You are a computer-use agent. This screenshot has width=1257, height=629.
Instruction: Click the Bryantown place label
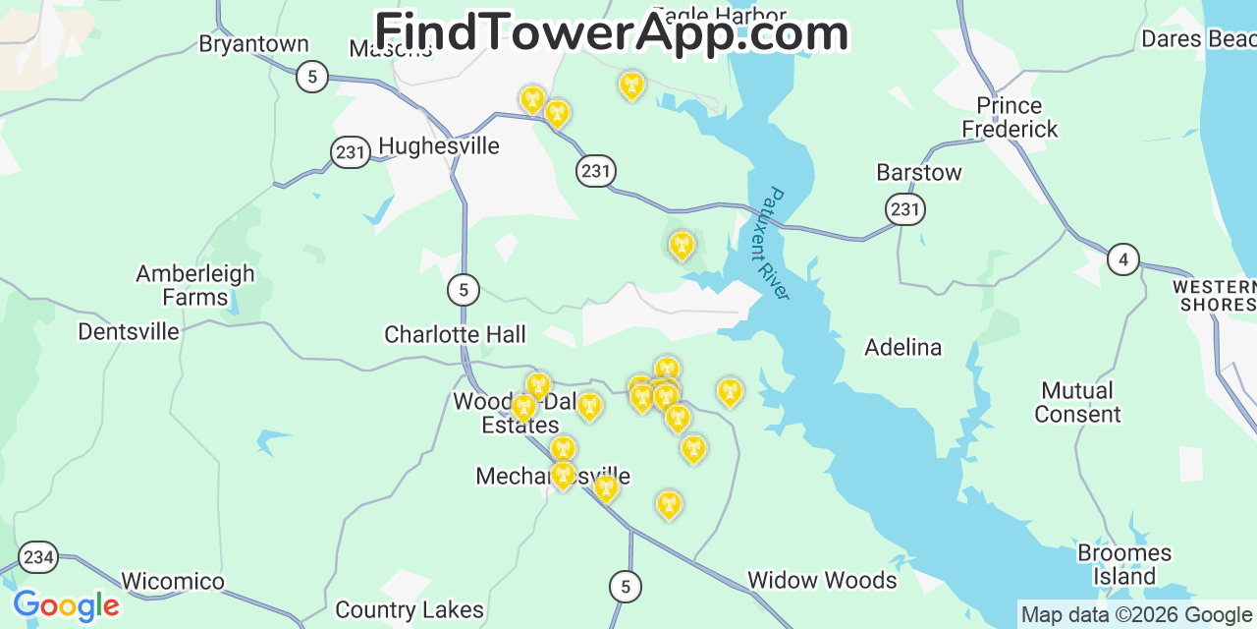coord(253,44)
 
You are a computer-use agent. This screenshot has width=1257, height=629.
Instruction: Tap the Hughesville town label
coord(438,146)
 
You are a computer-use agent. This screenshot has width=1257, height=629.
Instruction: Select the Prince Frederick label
coord(1010,117)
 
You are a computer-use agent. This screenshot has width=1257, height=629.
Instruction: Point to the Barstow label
coord(918,173)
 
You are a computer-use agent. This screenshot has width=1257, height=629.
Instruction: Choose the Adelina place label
coord(902,347)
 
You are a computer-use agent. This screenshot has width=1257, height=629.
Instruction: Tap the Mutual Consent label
coord(1077,402)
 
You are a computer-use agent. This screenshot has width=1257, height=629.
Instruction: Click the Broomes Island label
coord(1124,564)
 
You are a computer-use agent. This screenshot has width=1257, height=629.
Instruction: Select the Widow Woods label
coord(822,581)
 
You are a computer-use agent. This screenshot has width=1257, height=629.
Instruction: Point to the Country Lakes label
coord(410,610)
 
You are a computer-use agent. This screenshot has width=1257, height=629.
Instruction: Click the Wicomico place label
coord(173,582)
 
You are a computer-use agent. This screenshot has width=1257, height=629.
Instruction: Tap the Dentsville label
coord(129,332)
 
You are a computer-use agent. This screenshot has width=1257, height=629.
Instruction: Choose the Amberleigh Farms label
coord(194,285)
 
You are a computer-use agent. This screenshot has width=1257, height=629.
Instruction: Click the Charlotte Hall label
coord(455,335)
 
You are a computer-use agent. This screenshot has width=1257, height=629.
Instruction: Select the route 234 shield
coord(38,557)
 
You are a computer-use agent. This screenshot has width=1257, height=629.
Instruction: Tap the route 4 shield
coord(1123,260)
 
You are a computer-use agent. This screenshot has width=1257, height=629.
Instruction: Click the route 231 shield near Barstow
coord(905,209)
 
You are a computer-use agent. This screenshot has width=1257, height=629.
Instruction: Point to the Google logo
coord(66,605)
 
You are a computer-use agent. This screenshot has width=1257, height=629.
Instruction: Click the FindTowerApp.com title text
coord(611,32)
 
